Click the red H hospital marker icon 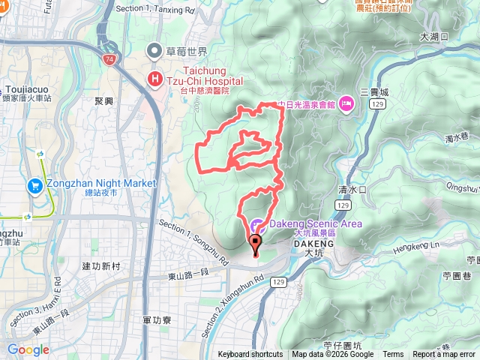click(x=155, y=77)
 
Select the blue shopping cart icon click(x=34, y=184)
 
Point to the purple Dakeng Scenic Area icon click(x=256, y=223)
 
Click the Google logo click(x=28, y=349)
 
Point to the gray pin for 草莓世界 click(x=155, y=51)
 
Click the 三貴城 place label click(x=374, y=91)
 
